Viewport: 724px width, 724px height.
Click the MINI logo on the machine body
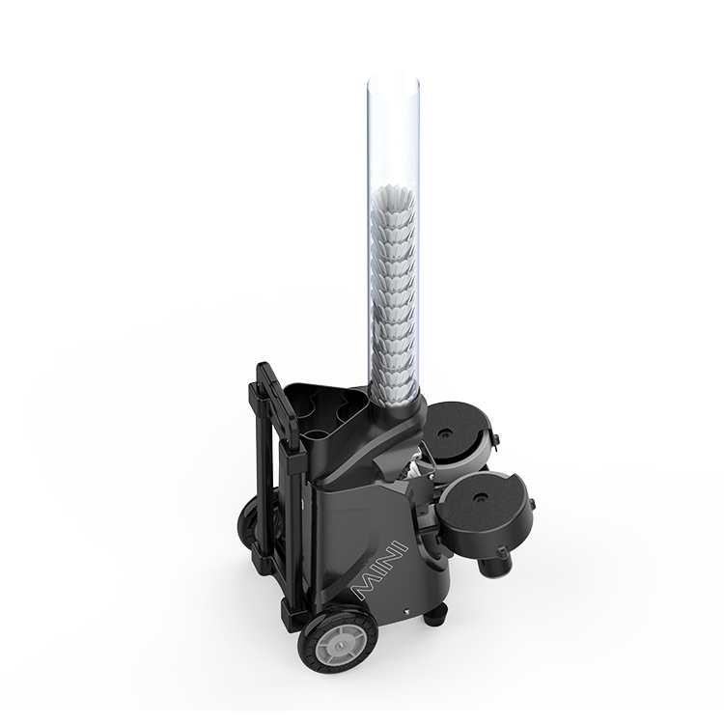point(379,571)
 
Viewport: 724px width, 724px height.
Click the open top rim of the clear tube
point(394,84)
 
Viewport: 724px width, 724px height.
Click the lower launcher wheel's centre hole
point(478,496)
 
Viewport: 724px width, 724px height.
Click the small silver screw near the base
point(405,611)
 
